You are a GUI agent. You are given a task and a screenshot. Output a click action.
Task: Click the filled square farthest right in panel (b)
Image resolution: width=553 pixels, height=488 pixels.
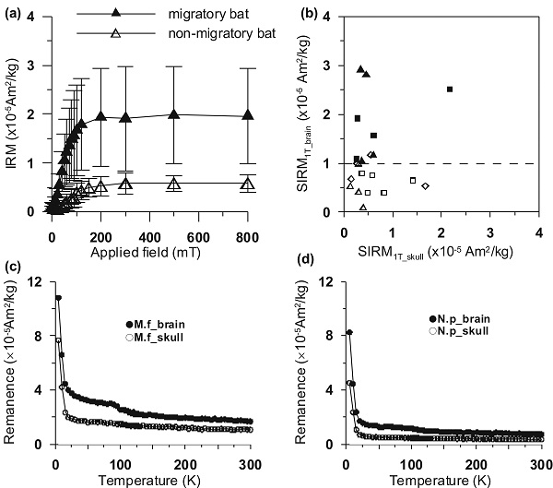(450, 89)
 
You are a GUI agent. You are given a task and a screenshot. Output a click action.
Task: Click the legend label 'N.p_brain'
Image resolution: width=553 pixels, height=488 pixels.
(462, 318)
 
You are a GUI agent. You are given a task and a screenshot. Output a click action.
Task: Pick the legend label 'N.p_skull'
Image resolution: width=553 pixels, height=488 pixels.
(461, 331)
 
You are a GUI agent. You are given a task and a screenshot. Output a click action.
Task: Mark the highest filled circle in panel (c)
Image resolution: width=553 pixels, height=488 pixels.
(58, 298)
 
